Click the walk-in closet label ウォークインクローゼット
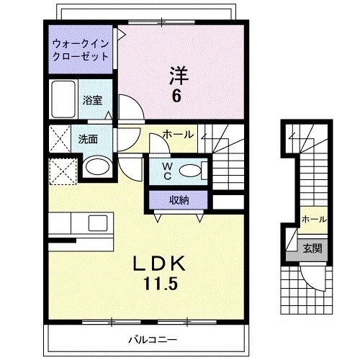[x=81, y=50]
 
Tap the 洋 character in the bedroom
[x=179, y=74]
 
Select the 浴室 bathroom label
[x=91, y=101]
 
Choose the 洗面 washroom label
[x=89, y=140]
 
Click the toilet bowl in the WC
[x=190, y=171]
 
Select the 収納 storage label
[x=179, y=199]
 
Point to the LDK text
[x=160, y=264]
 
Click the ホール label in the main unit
[x=177, y=135]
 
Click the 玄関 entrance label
[x=312, y=248]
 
